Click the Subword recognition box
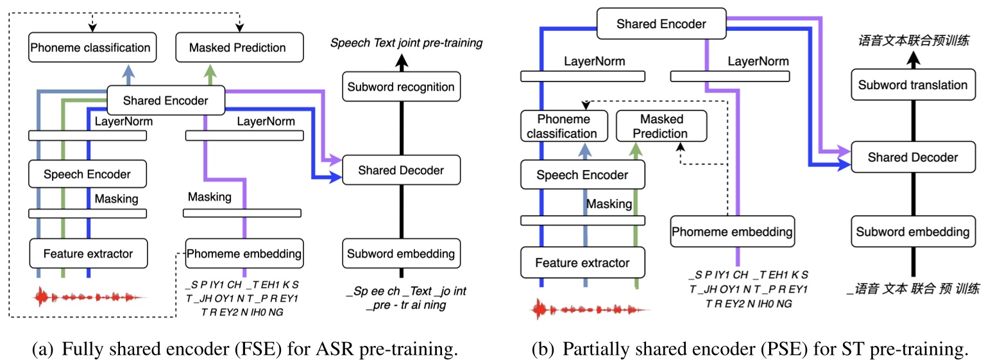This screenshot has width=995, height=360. tap(401, 87)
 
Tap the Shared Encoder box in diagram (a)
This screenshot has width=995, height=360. tap(166, 101)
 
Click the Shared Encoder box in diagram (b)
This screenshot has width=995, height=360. tap(661, 24)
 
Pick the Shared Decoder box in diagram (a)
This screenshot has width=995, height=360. tap(401, 170)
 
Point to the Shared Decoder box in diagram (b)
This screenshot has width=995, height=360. tap(912, 157)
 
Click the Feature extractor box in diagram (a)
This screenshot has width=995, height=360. tap(89, 253)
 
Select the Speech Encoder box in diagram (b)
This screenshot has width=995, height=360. tap(582, 175)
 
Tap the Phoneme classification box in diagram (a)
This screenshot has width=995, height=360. tap(90, 47)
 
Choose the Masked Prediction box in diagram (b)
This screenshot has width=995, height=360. tap(661, 126)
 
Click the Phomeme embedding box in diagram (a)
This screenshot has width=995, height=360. tap(244, 253)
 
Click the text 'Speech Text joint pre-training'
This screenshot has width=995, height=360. tap(406, 43)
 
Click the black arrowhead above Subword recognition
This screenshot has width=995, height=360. tap(401, 62)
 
